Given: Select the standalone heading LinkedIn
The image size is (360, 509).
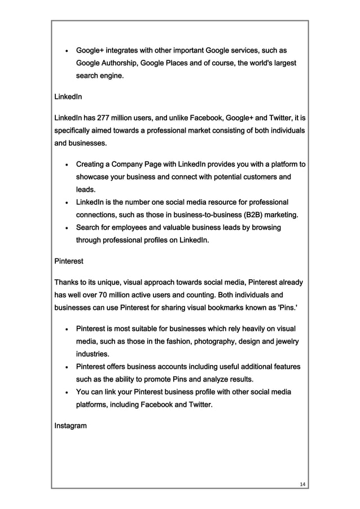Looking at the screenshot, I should tap(68, 97).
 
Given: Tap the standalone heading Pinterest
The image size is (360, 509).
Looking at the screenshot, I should tap(68, 261).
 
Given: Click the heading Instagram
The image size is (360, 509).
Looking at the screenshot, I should tap(70, 425).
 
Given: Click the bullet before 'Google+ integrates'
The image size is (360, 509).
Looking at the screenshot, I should tap(67, 50).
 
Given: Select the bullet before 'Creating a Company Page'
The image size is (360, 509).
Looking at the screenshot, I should tap(67, 165).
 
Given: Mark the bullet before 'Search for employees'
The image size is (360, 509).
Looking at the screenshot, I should tap(67, 228).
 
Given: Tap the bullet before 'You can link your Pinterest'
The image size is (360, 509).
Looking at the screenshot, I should tap(67, 392).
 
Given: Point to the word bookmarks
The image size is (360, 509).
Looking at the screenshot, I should tap(216, 308).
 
